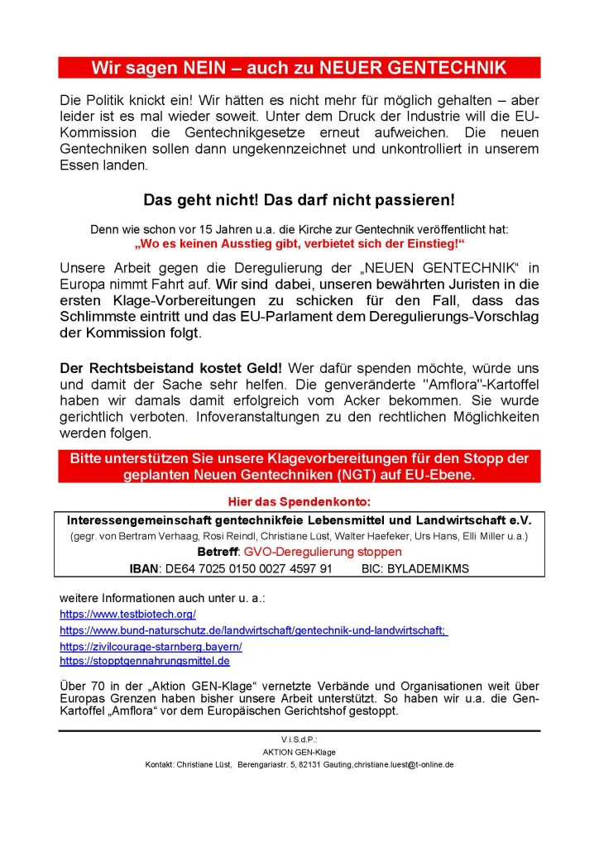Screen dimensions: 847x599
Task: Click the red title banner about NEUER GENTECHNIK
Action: [299, 67]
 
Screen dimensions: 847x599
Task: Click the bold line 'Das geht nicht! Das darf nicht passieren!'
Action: [299, 200]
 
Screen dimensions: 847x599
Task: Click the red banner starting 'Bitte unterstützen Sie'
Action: [299, 466]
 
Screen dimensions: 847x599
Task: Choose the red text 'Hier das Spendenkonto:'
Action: [299, 503]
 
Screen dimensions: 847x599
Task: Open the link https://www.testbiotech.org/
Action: [127, 615]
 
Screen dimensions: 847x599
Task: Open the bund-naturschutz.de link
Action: [253, 630]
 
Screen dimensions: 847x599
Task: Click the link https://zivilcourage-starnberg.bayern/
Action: [151, 646]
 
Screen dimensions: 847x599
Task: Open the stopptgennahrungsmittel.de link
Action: [145, 662]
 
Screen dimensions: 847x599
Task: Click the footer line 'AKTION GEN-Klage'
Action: [299, 753]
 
